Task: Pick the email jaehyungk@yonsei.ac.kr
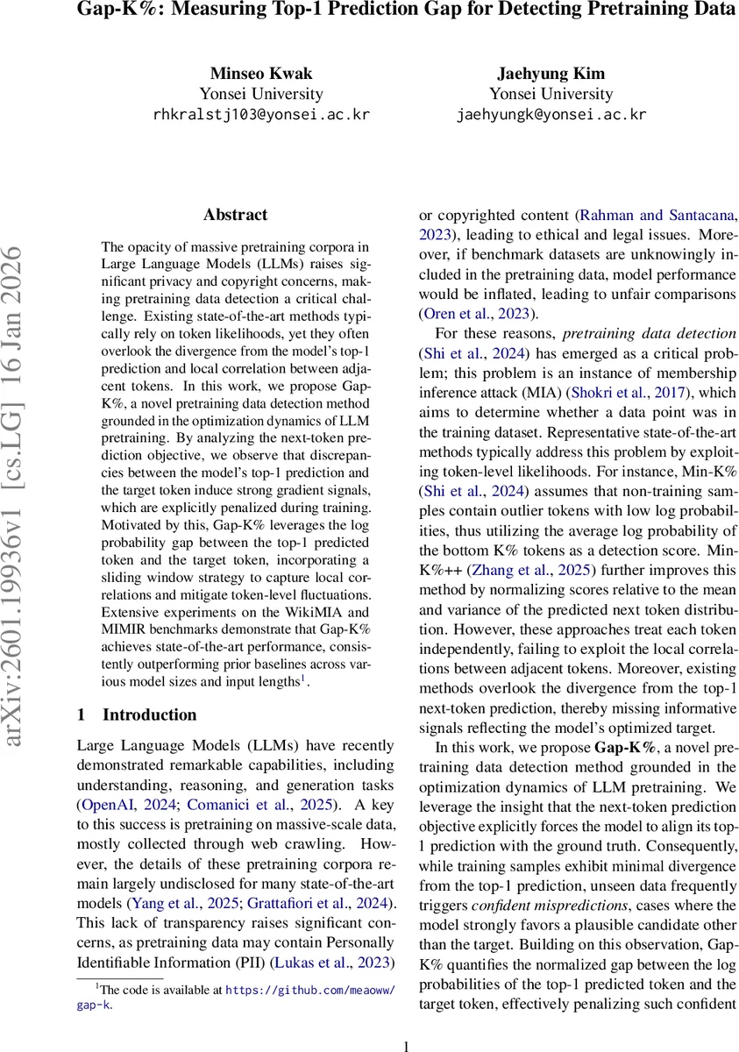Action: point(552,114)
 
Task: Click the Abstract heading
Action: point(235,215)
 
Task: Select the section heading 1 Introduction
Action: point(137,715)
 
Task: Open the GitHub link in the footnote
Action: point(309,990)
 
